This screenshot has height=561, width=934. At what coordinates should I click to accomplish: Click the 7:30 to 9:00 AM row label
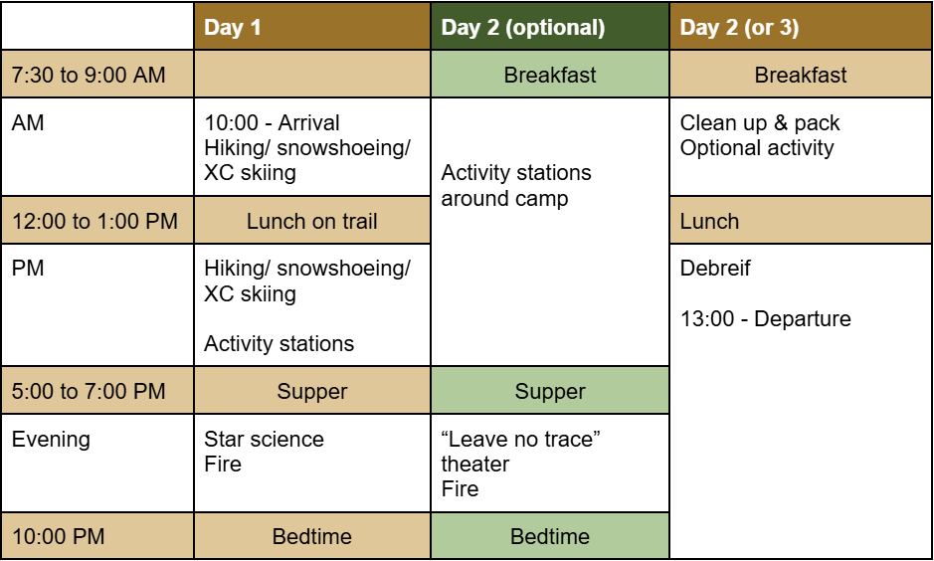89,75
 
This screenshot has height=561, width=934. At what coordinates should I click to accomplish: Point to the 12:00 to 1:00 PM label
94,222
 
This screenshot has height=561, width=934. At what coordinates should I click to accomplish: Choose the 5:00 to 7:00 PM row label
89,391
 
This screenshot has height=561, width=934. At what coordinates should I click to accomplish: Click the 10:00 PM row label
58,536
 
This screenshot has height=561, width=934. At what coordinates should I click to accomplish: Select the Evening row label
52,440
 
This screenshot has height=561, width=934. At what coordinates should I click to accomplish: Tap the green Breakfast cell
550,75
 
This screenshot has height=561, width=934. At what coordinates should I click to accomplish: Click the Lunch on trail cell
312,222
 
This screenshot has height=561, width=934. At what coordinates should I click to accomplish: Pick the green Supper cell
550,391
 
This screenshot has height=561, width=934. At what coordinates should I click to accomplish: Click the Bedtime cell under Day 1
312,536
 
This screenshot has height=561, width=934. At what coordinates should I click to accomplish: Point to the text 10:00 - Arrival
272,122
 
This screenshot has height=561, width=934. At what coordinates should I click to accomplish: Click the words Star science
264,440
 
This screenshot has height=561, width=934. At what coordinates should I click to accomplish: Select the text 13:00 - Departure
766,319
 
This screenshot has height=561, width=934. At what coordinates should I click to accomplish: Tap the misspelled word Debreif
715,268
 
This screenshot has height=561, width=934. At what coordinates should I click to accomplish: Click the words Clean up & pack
760,123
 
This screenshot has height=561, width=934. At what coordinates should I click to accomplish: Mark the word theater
475,464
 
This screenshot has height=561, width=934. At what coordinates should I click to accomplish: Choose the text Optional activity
757,147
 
